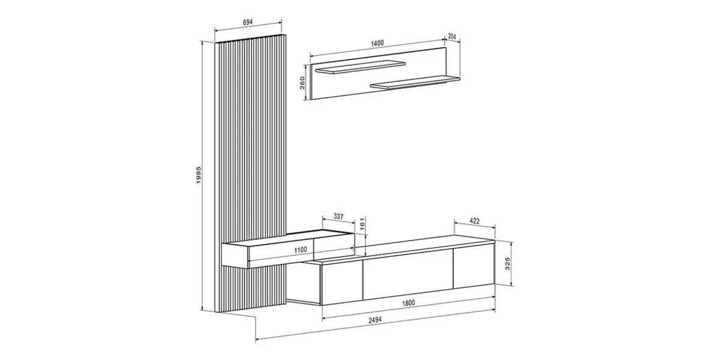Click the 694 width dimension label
pyautogui.click(x=247, y=22)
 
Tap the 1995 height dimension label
pyautogui.click(x=199, y=175)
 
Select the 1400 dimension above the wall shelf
pyautogui.click(x=377, y=43)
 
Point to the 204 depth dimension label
pyautogui.click(x=452, y=37)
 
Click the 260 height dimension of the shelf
pyautogui.click(x=302, y=83)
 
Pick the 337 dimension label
pyautogui.click(x=338, y=217)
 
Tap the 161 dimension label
pyautogui.click(x=362, y=223)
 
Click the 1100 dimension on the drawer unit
pyautogui.click(x=301, y=250)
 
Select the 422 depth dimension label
pyautogui.click(x=475, y=221)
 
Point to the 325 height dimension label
pyautogui.click(x=508, y=263)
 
